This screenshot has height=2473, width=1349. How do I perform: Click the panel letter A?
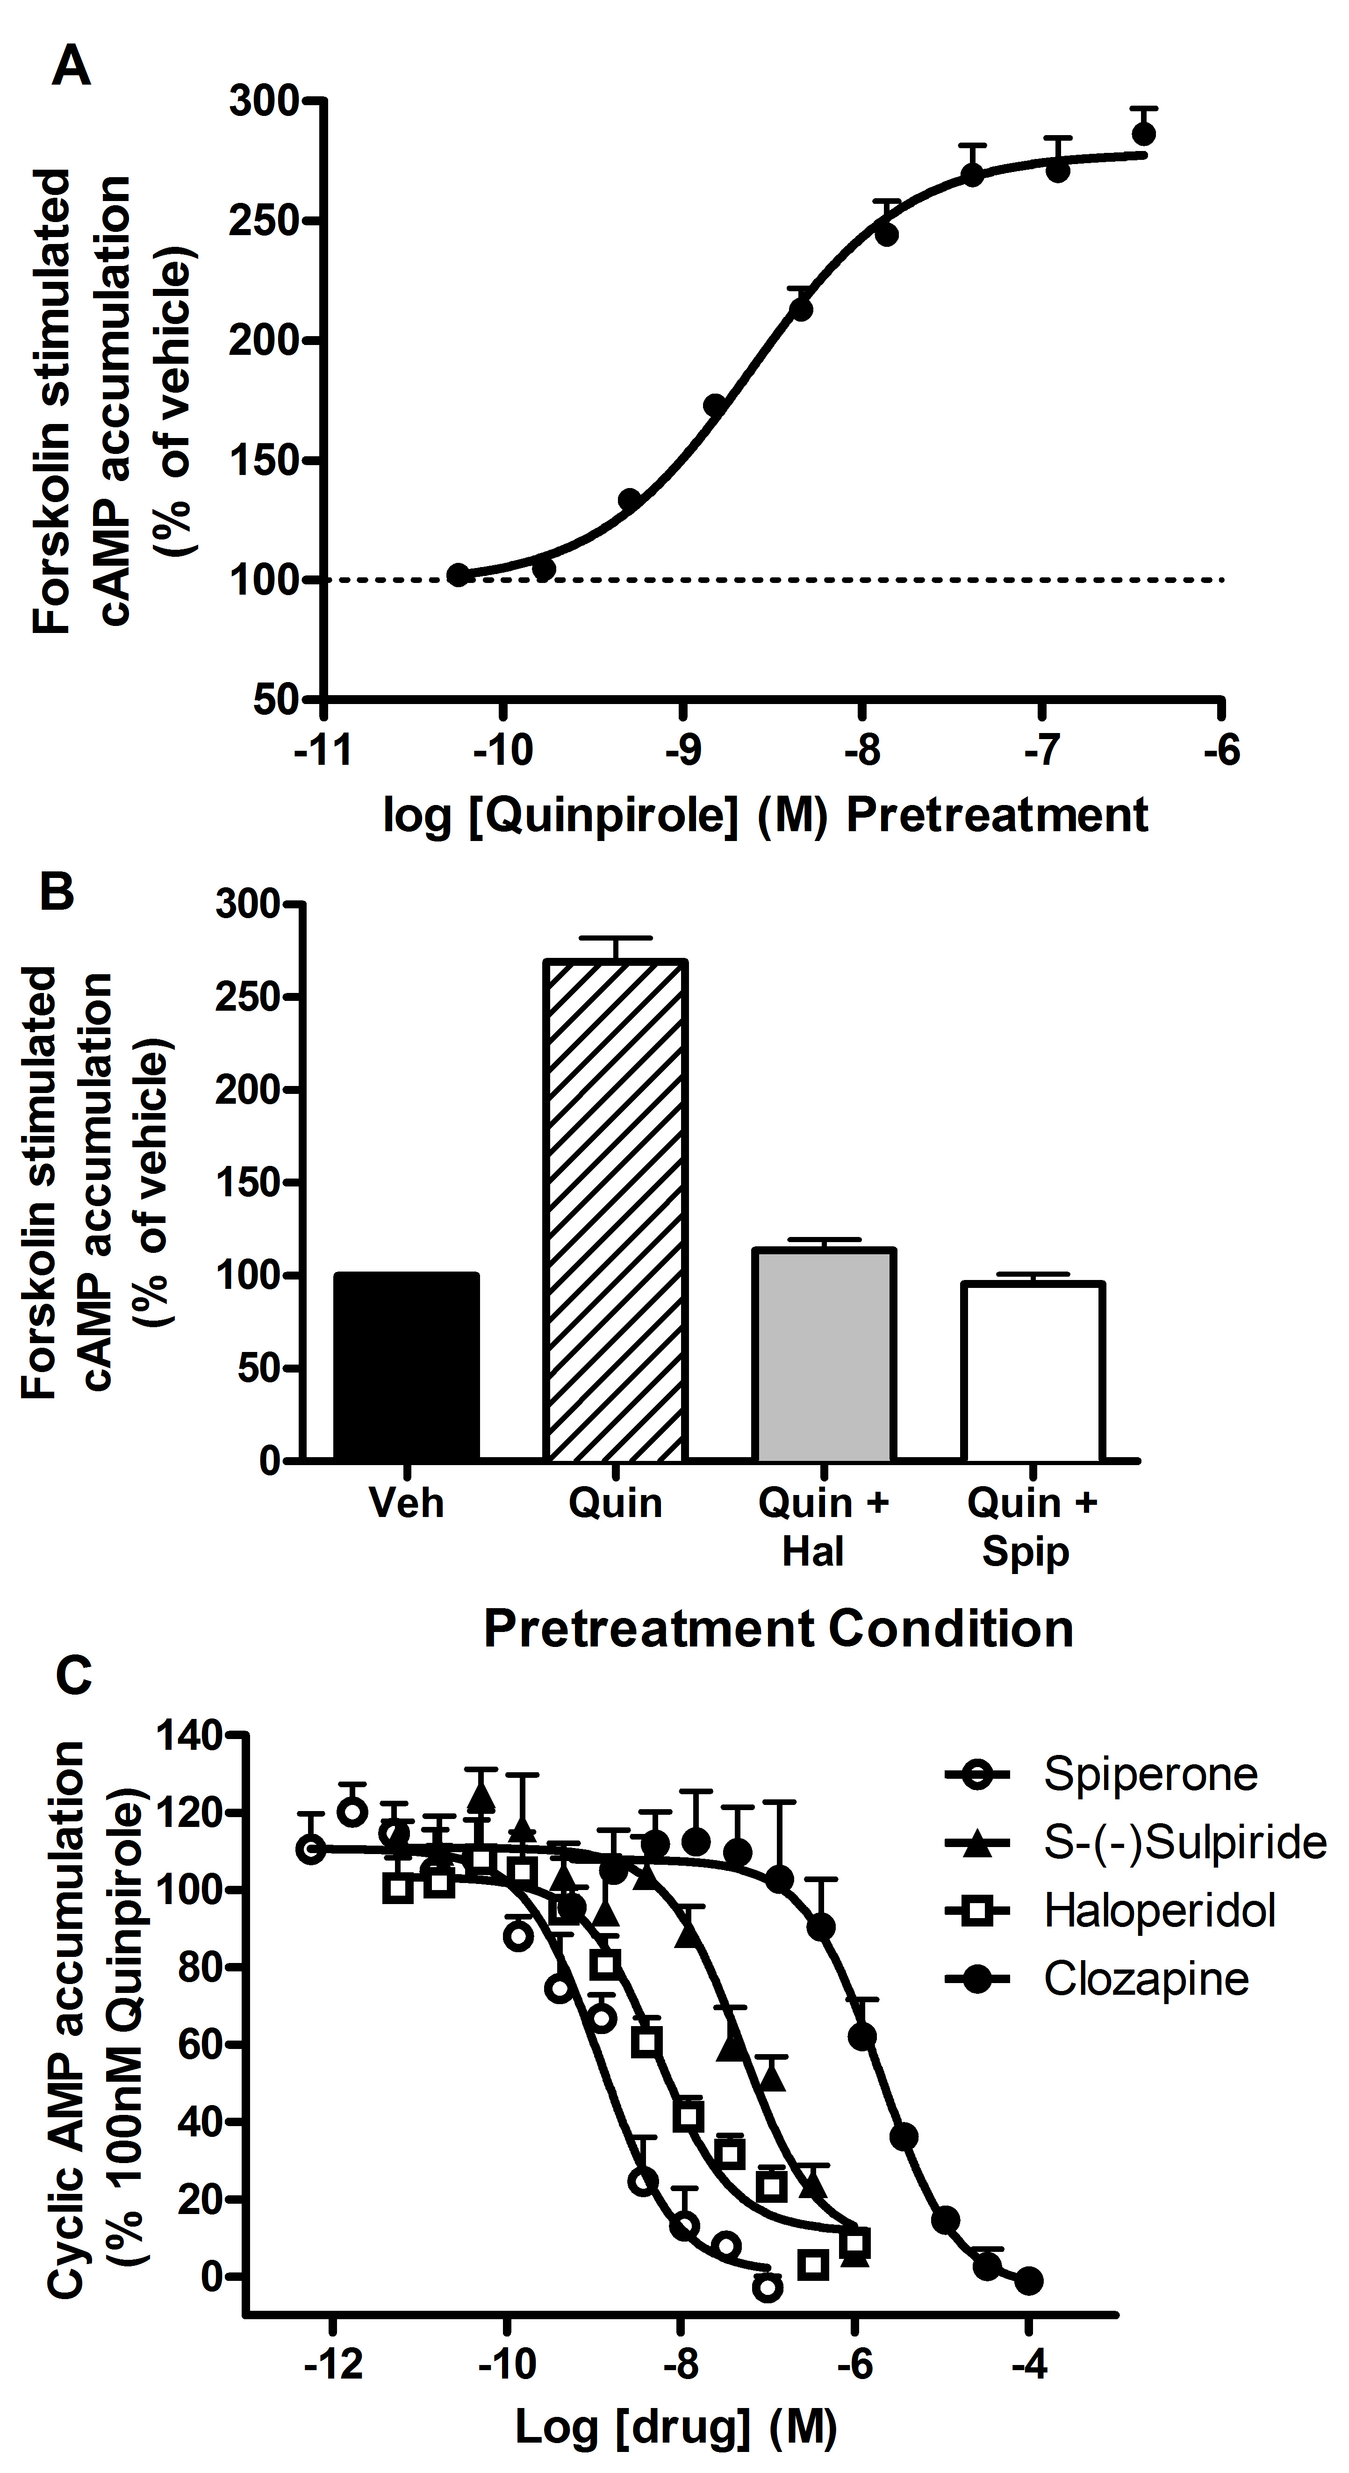pyautogui.click(x=71, y=68)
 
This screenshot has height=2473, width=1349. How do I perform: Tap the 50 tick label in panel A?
pyautogui.click(x=278, y=700)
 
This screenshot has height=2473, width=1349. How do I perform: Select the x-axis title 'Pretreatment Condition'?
pyautogui.click(x=778, y=1629)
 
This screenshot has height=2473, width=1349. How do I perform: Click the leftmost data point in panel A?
pyautogui.click(x=459, y=575)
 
